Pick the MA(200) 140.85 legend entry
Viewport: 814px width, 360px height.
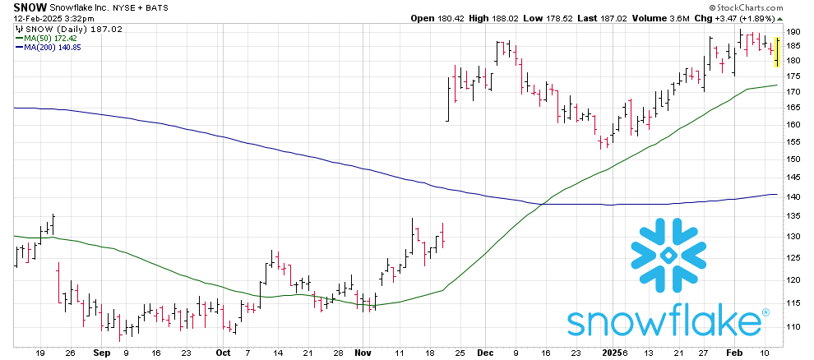tap(52, 47)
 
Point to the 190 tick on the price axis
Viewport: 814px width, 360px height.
tap(793, 31)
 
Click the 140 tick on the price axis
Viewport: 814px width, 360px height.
tap(793, 197)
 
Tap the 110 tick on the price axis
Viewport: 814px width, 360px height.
tap(793, 326)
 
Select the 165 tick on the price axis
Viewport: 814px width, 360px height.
tap(793, 108)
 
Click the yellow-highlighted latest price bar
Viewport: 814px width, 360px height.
tap(777, 51)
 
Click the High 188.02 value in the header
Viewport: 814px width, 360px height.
tap(483, 19)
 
